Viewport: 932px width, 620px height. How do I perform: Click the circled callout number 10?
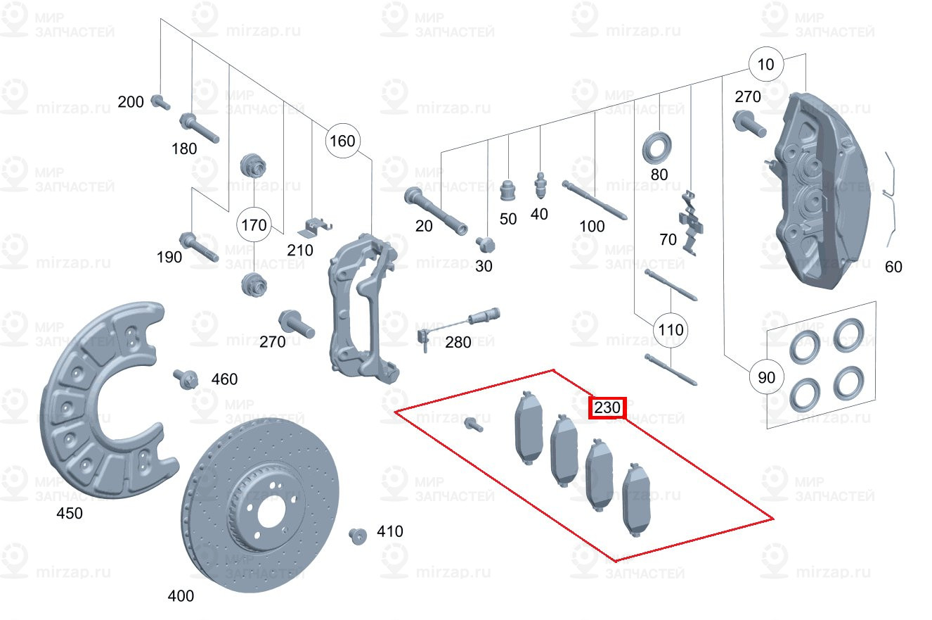coord(765,65)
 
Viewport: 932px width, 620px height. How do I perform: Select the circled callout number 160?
coord(342,141)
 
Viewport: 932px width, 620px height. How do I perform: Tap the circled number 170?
coord(254,225)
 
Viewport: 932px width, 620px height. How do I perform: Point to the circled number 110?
coord(671,329)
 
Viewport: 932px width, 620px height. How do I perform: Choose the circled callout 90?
coord(766,377)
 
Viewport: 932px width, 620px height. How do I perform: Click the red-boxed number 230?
coord(607,407)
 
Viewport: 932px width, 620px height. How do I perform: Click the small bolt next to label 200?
coord(160,102)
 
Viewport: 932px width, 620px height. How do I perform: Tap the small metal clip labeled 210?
coord(315,226)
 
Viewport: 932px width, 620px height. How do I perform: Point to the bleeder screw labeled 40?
coord(541,184)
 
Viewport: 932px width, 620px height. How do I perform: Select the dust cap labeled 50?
coord(508,189)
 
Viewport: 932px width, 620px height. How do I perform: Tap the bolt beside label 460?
coord(185,378)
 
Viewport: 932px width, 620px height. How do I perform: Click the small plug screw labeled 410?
coord(358,536)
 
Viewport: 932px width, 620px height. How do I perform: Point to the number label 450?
coord(69,513)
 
